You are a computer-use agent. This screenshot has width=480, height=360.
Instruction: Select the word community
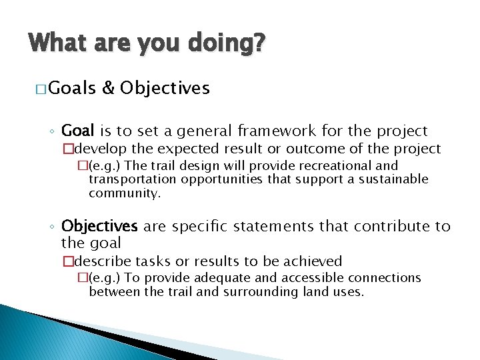point(125,193)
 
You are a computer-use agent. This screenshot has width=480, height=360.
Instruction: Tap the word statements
point(270,226)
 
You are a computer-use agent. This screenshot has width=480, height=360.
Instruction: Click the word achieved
point(311,261)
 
